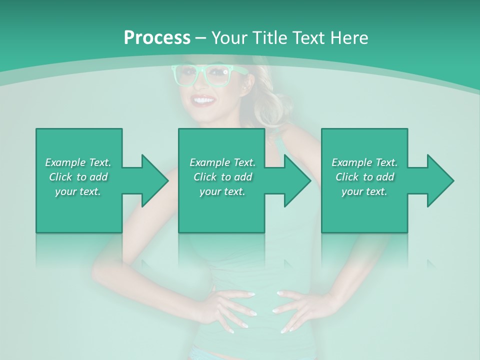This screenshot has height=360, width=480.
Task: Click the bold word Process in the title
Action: [157, 37]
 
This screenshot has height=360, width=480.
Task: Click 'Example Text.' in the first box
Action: [78, 162]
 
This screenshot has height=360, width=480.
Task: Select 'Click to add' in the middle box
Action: [222, 177]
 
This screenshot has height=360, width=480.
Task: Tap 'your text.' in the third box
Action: [364, 191]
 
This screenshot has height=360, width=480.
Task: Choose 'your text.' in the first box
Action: [78, 191]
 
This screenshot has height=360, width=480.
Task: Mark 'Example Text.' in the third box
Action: [364, 162]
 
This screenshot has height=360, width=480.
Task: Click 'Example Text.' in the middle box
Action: [222, 162]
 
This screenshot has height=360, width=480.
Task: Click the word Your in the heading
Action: [229, 37]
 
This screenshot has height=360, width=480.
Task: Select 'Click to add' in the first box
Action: [78, 177]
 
